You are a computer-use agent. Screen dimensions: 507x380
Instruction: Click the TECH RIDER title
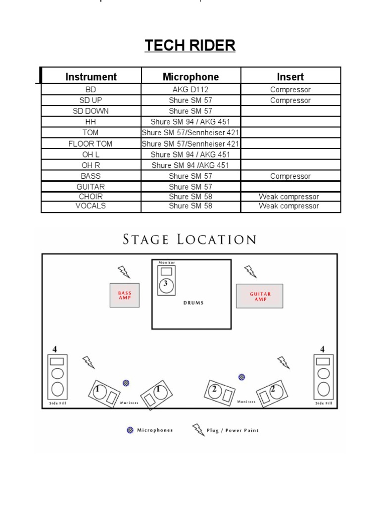click(x=190, y=46)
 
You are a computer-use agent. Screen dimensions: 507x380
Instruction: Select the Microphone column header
click(x=190, y=77)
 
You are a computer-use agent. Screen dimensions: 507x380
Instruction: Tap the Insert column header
click(x=290, y=77)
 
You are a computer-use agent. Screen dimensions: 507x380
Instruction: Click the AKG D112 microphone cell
click(x=190, y=90)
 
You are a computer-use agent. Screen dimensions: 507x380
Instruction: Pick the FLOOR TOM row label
click(x=91, y=144)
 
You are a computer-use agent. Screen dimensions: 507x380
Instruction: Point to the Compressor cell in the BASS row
click(x=290, y=176)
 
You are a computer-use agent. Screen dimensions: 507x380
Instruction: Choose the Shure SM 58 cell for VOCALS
click(x=190, y=206)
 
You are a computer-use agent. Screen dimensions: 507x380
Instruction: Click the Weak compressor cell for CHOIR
click(x=289, y=197)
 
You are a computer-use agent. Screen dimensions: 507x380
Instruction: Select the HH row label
click(x=91, y=122)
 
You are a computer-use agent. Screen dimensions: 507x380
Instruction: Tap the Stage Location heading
click(x=190, y=240)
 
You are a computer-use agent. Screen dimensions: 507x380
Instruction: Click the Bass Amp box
click(x=125, y=296)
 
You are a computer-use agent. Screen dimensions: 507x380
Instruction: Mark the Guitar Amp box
click(x=260, y=296)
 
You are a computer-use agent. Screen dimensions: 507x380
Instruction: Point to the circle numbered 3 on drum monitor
click(x=166, y=285)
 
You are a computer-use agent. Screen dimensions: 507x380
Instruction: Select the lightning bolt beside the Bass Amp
click(x=124, y=271)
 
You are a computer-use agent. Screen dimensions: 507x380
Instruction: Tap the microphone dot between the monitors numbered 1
click(x=126, y=383)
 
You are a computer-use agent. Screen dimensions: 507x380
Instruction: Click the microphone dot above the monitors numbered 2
click(x=241, y=377)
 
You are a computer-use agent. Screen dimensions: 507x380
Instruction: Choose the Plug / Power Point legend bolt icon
click(x=198, y=430)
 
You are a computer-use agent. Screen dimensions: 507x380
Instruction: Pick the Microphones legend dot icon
click(x=130, y=430)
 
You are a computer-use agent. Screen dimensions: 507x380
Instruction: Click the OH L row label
click(x=91, y=154)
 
